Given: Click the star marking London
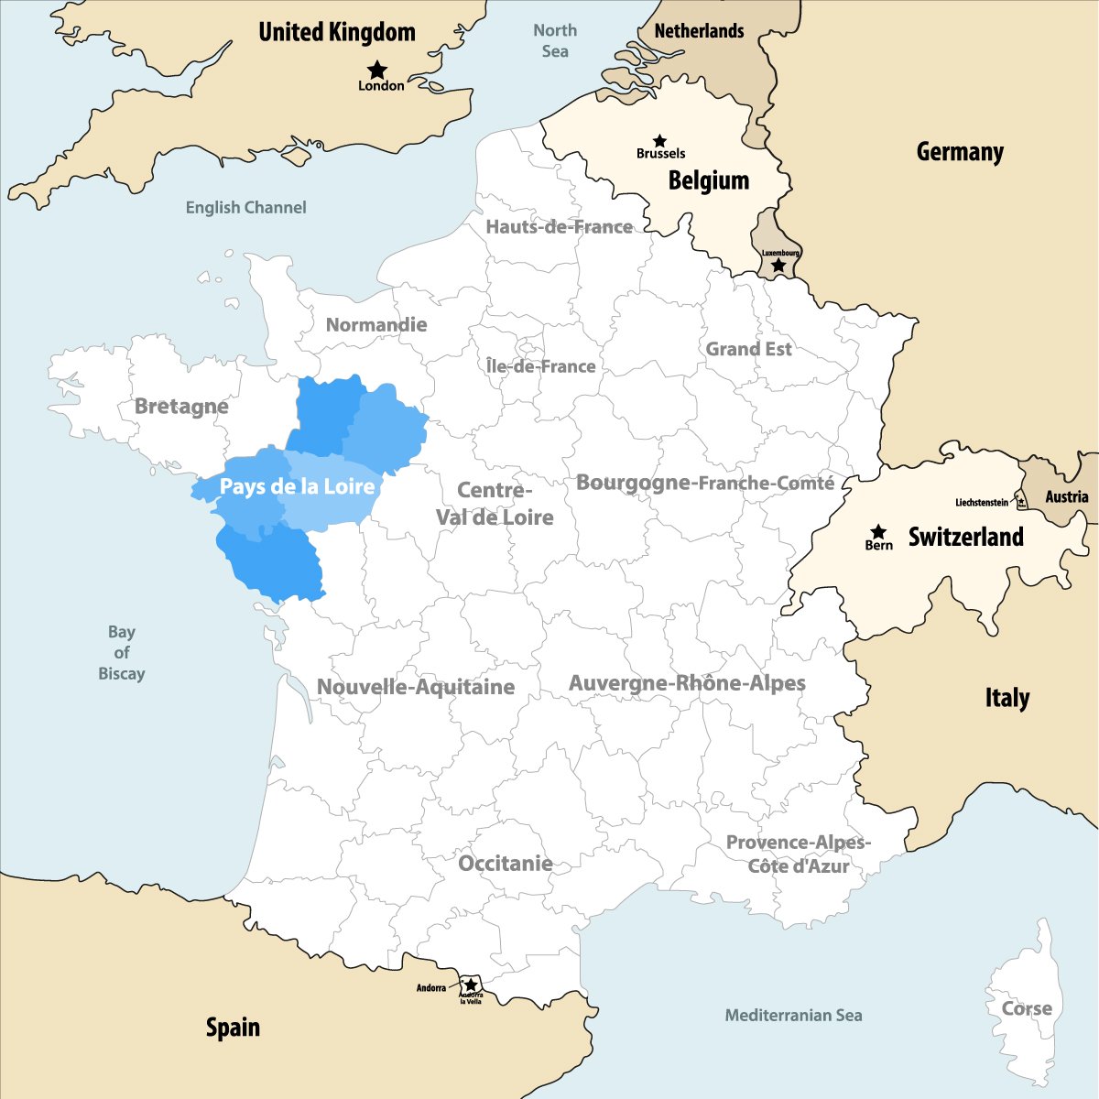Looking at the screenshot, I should tap(376, 70).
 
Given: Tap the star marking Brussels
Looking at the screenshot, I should tap(659, 141).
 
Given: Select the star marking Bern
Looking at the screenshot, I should tap(878, 531).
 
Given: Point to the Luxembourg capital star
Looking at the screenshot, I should tap(778, 265).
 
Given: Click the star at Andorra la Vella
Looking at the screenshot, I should tap(471, 985).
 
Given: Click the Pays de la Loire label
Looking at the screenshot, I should tap(298, 486).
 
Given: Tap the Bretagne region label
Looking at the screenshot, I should tap(181, 406).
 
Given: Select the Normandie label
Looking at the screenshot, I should tap(376, 324).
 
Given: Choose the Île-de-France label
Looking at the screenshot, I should tap(541, 366).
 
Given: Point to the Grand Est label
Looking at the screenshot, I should tap(748, 349).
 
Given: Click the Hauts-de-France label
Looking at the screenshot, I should tap(559, 226).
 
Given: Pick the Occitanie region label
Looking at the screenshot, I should tap(506, 863).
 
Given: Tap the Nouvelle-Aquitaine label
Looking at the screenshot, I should tap(416, 687).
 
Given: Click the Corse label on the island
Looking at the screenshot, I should tap(1027, 1008).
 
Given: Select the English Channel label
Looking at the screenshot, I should tap(245, 208).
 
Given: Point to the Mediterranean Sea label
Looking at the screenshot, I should tap(793, 1015).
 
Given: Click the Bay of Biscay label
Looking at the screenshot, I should tap(122, 652).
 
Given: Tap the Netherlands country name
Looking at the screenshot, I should tap(699, 31).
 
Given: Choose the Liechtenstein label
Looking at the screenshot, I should tap(981, 503).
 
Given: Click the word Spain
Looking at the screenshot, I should tap(233, 1028).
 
